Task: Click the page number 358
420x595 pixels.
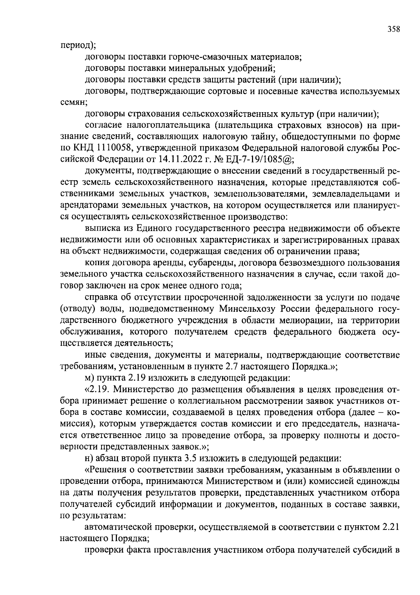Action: click(x=393, y=29)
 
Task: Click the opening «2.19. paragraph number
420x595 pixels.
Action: click(x=98, y=389)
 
